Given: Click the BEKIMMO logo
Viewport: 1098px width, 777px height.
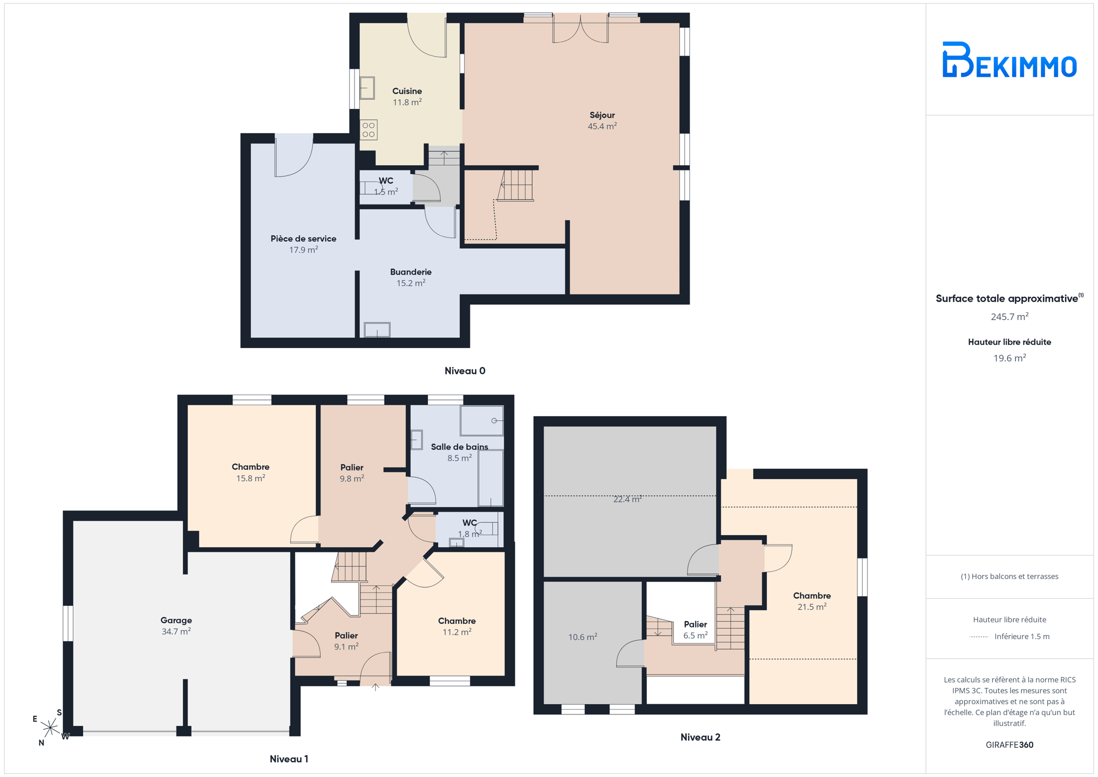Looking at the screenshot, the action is tap(1009, 60).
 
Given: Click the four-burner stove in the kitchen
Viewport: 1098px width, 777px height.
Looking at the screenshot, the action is tap(369, 130).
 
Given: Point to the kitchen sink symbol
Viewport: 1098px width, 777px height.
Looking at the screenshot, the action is tap(367, 88).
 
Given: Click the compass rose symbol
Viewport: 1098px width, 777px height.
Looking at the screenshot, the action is tap(50, 728).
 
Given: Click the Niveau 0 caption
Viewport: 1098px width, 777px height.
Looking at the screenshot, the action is tap(465, 371).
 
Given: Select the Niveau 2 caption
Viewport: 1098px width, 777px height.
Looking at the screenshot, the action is tap(700, 737).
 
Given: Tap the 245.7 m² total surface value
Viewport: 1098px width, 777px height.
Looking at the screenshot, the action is tap(1009, 317).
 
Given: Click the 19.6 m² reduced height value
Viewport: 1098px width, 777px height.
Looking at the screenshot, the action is tap(1009, 358).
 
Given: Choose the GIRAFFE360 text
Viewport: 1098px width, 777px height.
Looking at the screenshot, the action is tap(1009, 745).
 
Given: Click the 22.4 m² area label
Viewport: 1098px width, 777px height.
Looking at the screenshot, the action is tap(627, 499).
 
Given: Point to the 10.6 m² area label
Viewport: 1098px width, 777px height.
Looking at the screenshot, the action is tap(582, 637).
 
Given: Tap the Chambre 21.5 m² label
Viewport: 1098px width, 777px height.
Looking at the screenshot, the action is tap(811, 601).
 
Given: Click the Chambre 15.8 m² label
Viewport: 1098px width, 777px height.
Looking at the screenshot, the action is tap(250, 472).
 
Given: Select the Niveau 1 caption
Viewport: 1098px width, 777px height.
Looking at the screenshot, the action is tap(289, 759).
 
